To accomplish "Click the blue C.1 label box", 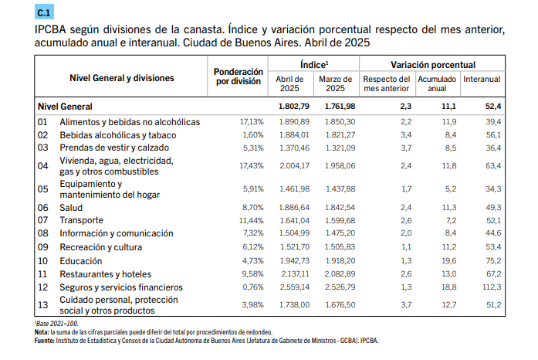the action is tap(44, 12).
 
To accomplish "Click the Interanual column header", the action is tap(482, 79).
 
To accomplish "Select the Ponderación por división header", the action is tap(238, 76).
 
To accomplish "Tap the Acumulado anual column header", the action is tap(437, 83).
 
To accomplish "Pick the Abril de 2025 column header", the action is tap(289, 83).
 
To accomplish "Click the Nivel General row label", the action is tap(65, 107).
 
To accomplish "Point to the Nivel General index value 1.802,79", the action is tap(294, 107).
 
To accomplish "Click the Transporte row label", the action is tap(81, 220).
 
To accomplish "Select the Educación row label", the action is tap(80, 261).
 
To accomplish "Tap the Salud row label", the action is tap(71, 208).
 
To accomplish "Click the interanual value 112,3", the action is tap(492, 287).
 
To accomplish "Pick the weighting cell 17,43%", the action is tap(252, 166).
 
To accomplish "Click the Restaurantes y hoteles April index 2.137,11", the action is tap(295, 273).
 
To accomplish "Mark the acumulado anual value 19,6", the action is tap(449, 260).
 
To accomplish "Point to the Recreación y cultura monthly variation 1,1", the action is tap(406, 247).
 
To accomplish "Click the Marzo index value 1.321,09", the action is tap(340, 148).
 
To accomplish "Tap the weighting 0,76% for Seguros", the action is tap(253, 287).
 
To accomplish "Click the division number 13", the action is tap(43, 304).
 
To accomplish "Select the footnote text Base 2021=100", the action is tap(57, 324).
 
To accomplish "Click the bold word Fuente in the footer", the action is tap(44, 341).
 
